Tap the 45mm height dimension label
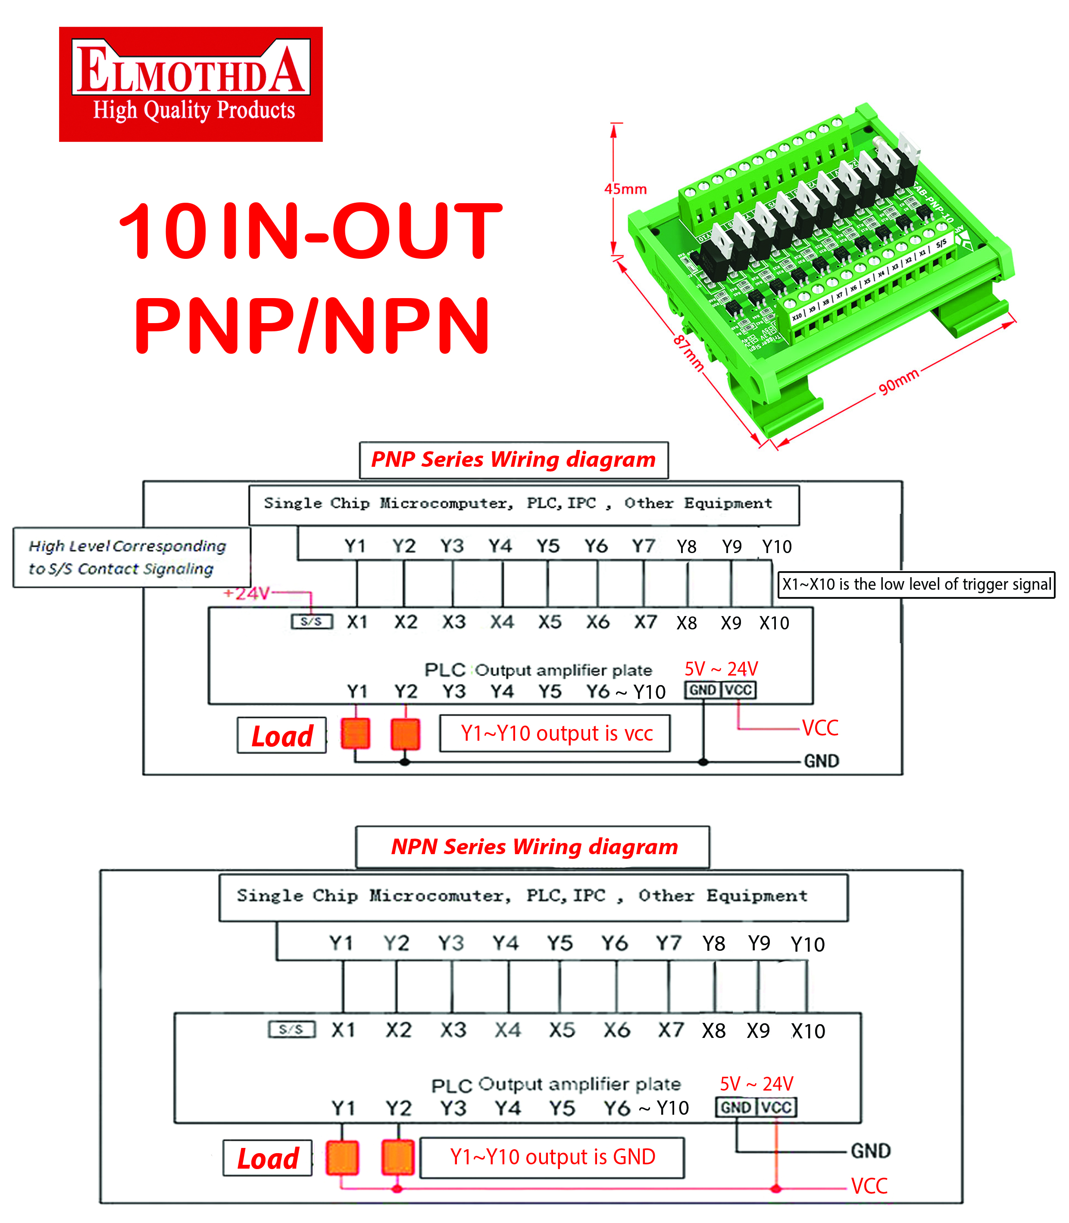click(x=625, y=189)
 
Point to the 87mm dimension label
click(x=688, y=353)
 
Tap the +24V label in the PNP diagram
click(x=247, y=593)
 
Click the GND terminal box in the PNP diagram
click(x=703, y=690)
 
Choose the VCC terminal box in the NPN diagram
click(x=776, y=1108)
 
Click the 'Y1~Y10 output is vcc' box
click(x=555, y=733)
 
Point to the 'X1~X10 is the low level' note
click(x=916, y=585)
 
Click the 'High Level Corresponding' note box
click(x=131, y=557)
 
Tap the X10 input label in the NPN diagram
click(x=808, y=1031)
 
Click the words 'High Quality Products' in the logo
click(x=194, y=110)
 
